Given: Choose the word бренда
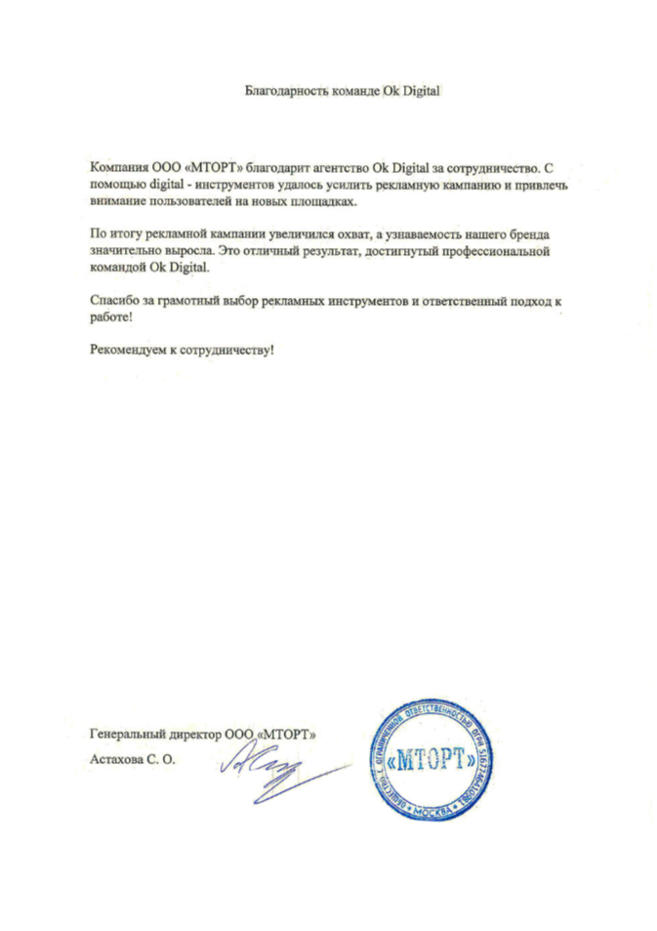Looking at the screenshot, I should click(529, 237).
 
